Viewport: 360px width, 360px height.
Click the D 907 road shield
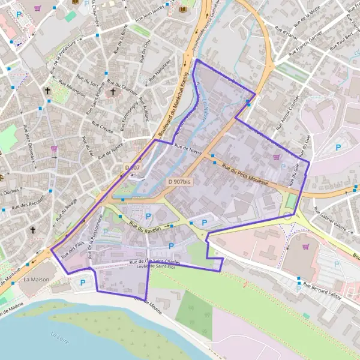(133, 167)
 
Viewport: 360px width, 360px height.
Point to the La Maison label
(35, 280)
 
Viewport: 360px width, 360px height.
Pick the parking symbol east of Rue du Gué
(338, 147)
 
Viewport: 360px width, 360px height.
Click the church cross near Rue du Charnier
(113, 92)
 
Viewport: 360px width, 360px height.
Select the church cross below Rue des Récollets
(33, 230)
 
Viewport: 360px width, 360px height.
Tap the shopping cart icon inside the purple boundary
(276, 157)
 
